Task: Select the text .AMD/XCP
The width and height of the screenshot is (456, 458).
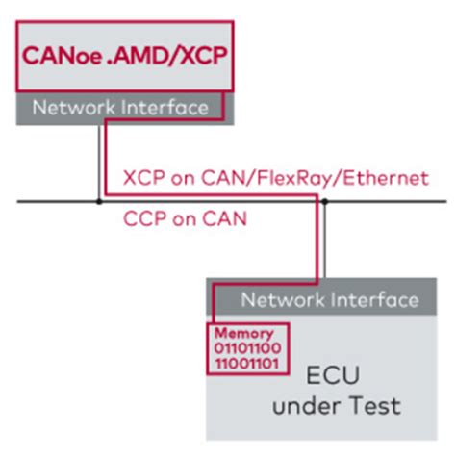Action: pos(167,59)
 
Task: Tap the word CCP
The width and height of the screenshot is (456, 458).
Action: pos(142,219)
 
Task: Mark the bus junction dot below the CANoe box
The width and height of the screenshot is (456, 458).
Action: pos(99,201)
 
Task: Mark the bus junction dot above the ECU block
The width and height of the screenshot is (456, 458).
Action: pos(326,201)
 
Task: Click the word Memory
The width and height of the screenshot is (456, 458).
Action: pos(238,333)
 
